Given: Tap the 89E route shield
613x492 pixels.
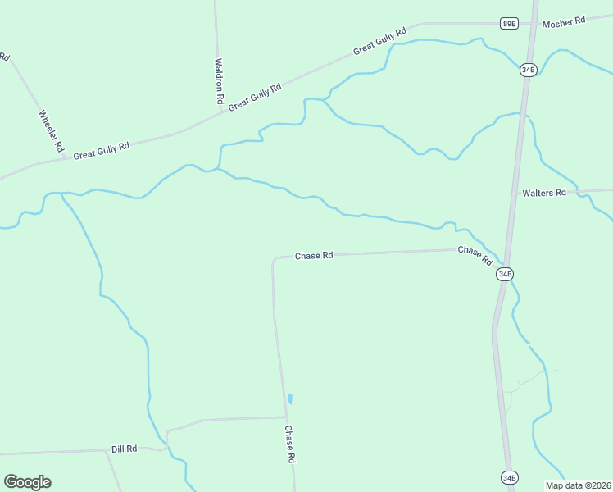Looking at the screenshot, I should pyautogui.click(x=510, y=24).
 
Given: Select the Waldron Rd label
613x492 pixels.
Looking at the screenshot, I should pyautogui.click(x=219, y=80).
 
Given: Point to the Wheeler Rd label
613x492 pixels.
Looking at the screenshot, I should pyautogui.click(x=51, y=130).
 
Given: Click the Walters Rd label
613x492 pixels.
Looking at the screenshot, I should pyautogui.click(x=544, y=193).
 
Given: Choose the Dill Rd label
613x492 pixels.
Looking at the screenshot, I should pyautogui.click(x=124, y=449).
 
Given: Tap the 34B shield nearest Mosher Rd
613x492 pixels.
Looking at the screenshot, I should pyautogui.click(x=529, y=70).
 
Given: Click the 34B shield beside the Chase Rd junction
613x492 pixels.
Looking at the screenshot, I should pyautogui.click(x=505, y=274).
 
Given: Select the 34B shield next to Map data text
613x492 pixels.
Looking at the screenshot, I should pyautogui.click(x=509, y=477).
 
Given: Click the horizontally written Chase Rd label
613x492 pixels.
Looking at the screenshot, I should pyautogui.click(x=314, y=256).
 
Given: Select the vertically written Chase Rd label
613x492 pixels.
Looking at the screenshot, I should pyautogui.click(x=289, y=444).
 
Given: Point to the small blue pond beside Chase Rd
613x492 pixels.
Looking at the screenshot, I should pyautogui.click(x=290, y=399).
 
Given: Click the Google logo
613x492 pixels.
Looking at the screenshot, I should pyautogui.click(x=27, y=482).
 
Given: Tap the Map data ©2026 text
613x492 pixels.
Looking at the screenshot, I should pyautogui.click(x=578, y=485).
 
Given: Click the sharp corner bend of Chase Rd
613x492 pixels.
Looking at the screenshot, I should pyautogui.click(x=274, y=260).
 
